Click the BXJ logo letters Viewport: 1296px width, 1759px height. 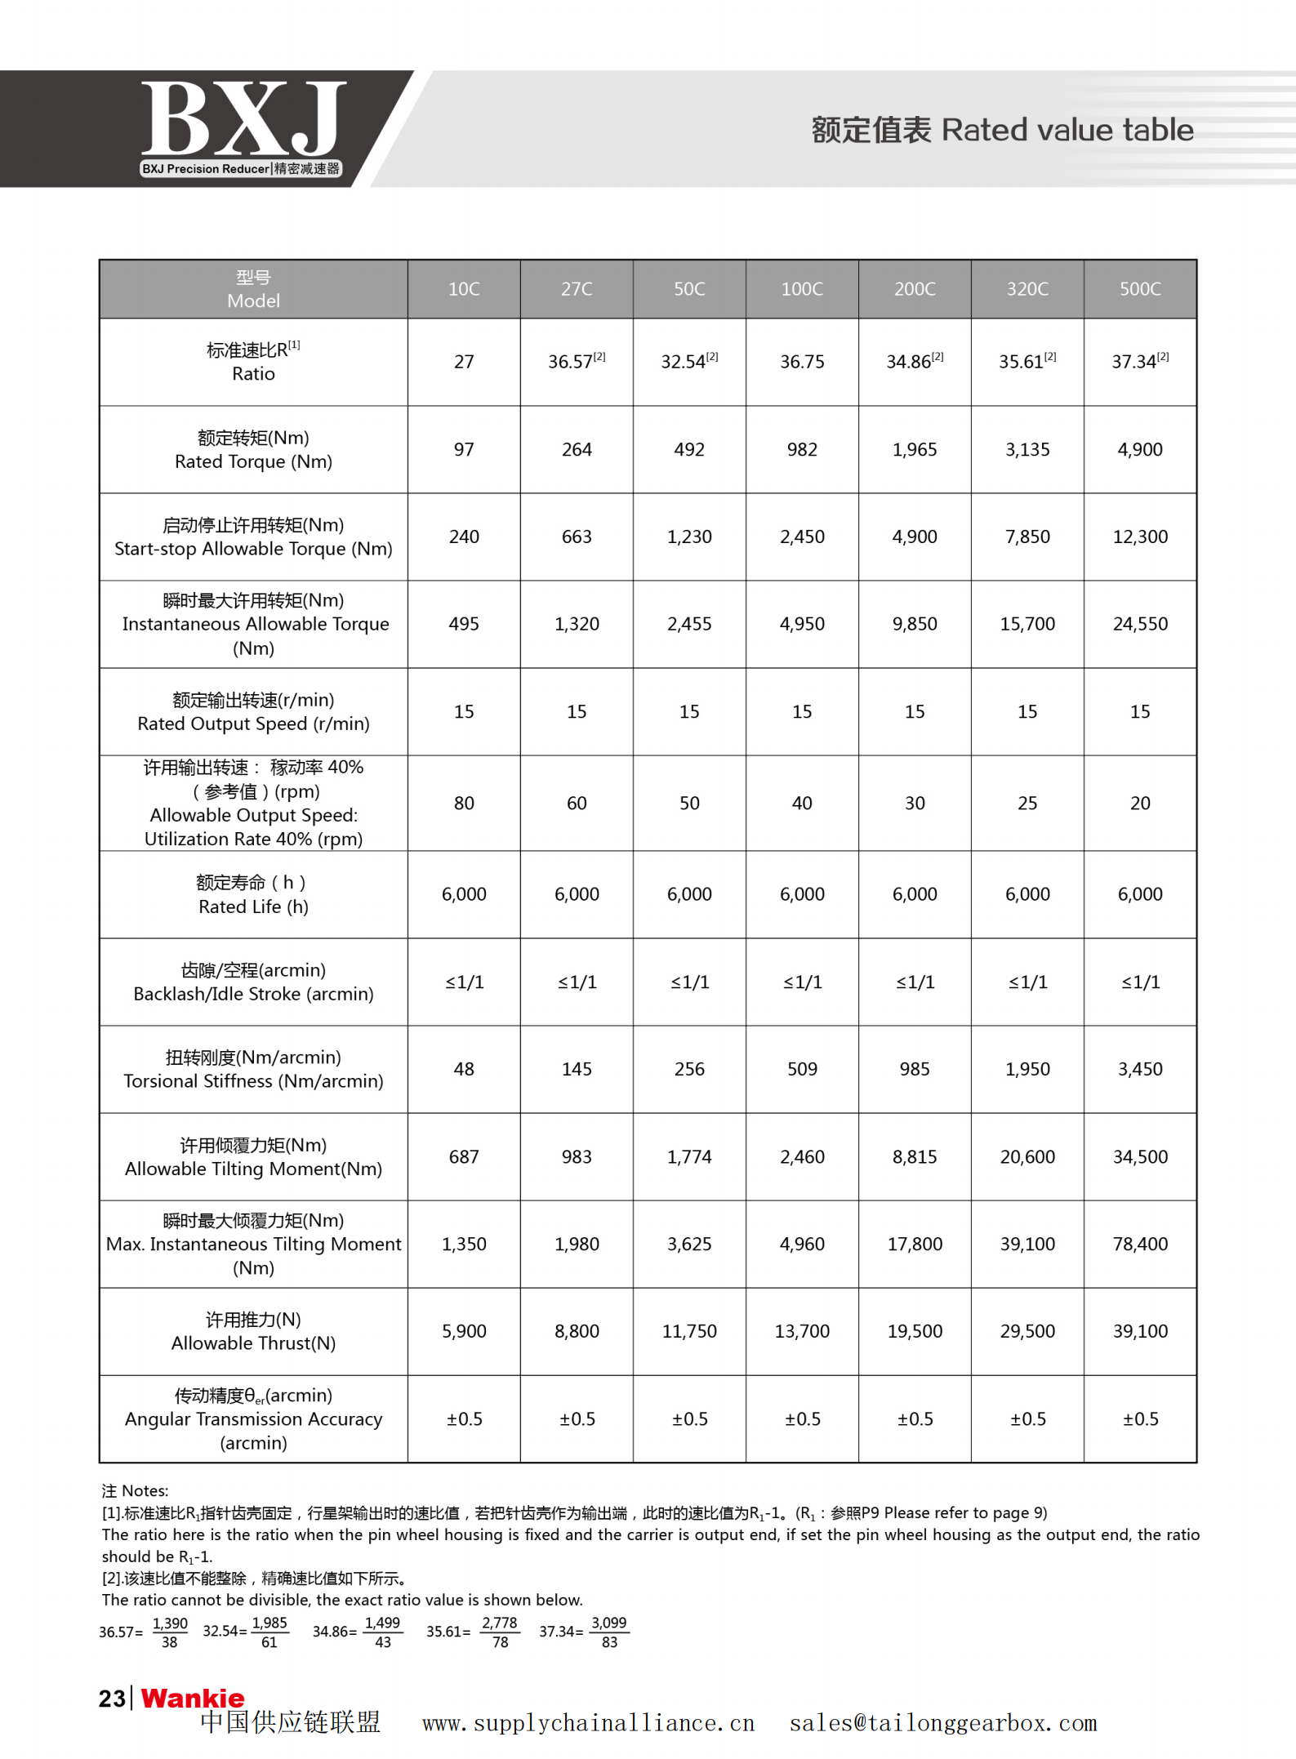(243, 118)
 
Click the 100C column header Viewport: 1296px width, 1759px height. (802, 289)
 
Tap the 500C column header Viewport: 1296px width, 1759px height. (1140, 289)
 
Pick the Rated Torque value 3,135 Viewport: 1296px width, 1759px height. (1027, 450)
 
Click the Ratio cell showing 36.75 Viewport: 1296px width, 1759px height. (802, 362)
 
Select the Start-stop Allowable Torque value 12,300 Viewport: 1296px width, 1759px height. (1140, 537)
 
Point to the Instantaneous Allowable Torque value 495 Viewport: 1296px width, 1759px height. (464, 625)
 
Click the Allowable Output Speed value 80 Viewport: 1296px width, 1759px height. (464, 804)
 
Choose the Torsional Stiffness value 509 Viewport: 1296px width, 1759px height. (802, 1070)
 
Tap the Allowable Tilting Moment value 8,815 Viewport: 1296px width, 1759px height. (915, 1157)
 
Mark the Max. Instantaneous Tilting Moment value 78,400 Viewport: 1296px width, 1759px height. (1140, 1245)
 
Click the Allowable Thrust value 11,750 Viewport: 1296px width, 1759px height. (689, 1332)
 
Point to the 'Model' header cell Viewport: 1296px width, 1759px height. (253, 289)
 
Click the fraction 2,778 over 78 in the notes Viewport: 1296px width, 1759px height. (500, 1632)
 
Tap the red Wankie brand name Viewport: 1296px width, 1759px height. (193, 1699)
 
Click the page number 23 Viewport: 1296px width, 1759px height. (112, 1699)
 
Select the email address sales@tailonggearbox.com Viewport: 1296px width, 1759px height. (942, 1724)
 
